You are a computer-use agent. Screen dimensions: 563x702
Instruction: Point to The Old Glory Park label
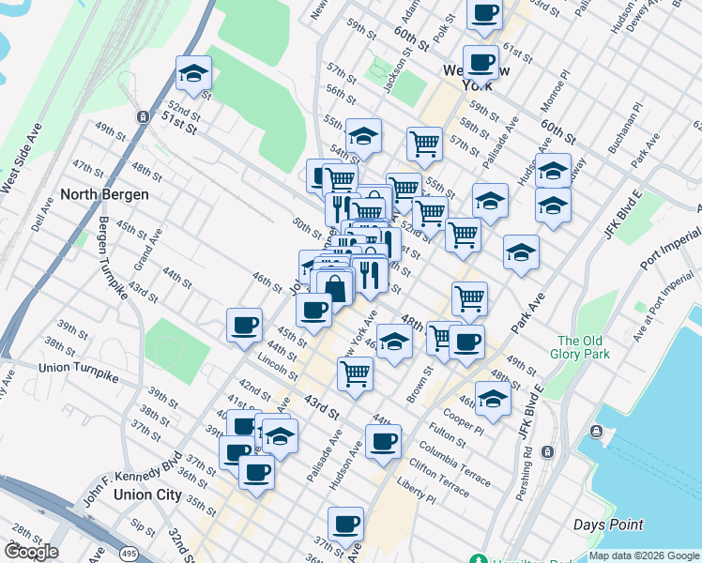(x=583, y=347)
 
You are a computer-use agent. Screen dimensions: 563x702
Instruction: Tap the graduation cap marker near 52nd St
(x=193, y=72)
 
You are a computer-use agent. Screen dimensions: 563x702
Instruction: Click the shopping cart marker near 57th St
(x=424, y=144)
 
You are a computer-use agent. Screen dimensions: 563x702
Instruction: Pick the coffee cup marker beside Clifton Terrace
(x=382, y=441)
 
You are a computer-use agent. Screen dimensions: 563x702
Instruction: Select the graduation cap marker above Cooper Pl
(x=493, y=398)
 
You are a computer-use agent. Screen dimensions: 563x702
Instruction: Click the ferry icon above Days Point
(x=596, y=432)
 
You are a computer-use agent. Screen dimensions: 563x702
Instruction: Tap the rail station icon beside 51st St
(x=143, y=117)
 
